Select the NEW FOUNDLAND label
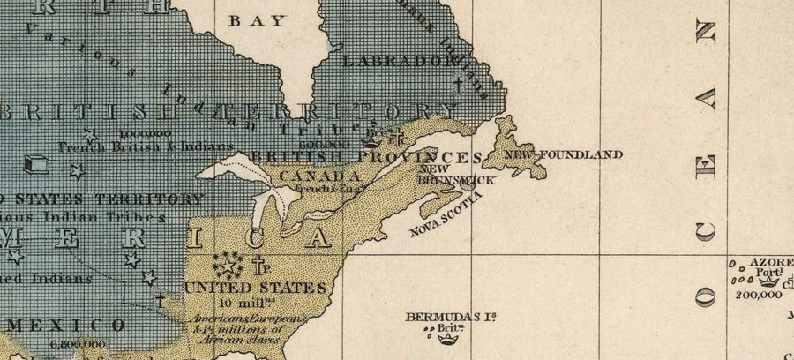coord(562,154)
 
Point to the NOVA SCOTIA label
coord(446,217)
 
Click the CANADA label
coord(309,176)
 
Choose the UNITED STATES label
coord(255,288)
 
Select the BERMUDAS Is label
coord(444,316)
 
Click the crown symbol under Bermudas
coord(450,334)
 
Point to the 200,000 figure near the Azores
coord(757,296)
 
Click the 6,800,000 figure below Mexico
coord(78,344)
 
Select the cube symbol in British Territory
coord(37,164)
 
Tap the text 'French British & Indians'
coord(146,146)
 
